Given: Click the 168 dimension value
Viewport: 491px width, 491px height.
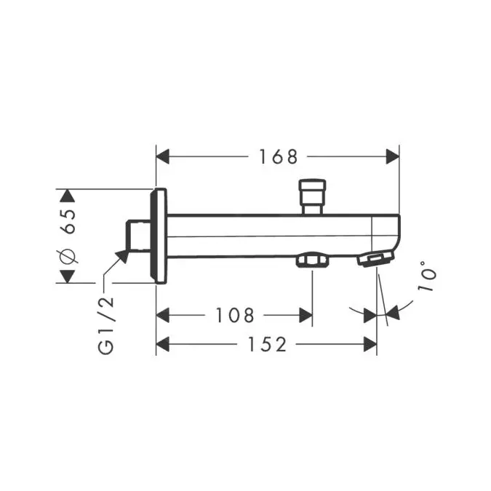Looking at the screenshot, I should (279, 156).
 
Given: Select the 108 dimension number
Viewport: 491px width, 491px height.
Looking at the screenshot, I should (236, 315).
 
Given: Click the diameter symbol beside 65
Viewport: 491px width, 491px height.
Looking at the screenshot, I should (68, 255).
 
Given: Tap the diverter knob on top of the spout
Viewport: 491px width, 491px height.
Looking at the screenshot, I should (314, 193).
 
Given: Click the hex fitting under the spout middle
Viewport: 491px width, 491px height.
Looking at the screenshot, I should (311, 260).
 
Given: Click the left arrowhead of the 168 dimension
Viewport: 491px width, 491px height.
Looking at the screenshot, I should (163, 156).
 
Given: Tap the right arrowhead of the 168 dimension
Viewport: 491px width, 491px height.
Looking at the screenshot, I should (394, 156).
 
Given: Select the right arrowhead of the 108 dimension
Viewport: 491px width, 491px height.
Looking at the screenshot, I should (306, 315).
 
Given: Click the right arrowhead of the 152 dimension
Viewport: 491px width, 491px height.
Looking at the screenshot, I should (370, 345).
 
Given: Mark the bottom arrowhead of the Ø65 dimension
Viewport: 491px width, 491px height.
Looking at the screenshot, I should (67, 276).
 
